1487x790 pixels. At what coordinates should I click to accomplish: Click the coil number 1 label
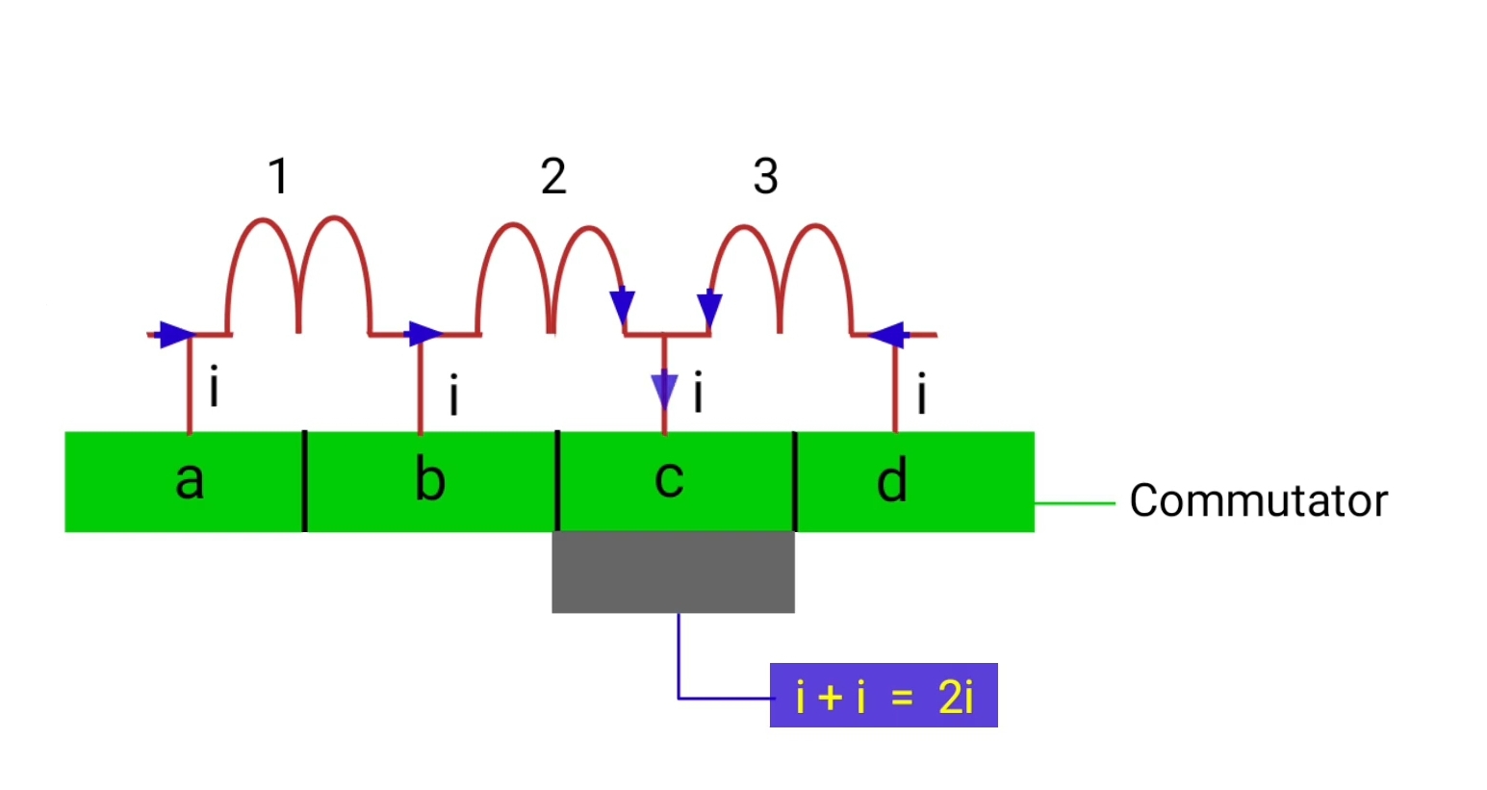coord(278,176)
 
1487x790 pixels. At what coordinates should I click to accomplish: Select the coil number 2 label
coord(553,176)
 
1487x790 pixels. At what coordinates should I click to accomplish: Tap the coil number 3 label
coord(765,176)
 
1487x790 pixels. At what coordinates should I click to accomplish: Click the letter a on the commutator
coord(190,479)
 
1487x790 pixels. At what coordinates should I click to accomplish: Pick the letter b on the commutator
coord(429,479)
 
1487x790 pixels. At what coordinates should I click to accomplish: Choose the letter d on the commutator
coord(892,480)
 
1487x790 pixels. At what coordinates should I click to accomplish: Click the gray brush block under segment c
coord(673,572)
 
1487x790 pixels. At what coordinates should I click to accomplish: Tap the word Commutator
coord(1258,501)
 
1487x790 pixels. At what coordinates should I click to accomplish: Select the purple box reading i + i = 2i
coord(884,696)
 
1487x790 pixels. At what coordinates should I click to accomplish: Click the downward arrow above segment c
coord(664,391)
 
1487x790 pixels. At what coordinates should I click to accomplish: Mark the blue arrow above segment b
coord(423,335)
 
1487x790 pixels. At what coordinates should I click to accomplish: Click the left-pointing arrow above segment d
coord(887,335)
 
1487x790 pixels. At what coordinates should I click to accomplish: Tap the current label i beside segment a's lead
coord(214,387)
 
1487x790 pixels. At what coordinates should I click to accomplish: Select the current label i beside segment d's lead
coord(921,395)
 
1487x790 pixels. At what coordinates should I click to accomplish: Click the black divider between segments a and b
coord(305,480)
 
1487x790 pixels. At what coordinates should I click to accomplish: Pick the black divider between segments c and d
coord(795,480)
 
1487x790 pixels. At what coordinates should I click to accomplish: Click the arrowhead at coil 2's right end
coord(623,305)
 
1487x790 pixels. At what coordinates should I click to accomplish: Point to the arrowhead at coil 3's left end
coord(709,308)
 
